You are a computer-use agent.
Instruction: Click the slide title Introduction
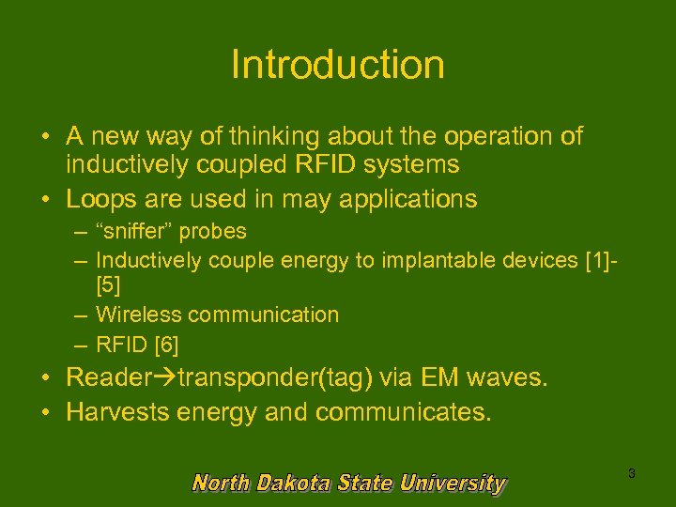point(337,65)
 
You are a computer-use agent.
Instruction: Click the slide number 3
point(631,474)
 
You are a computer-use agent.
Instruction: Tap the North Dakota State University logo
point(348,484)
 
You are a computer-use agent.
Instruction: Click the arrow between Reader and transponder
point(169,378)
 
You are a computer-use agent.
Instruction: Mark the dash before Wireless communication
point(83,315)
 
